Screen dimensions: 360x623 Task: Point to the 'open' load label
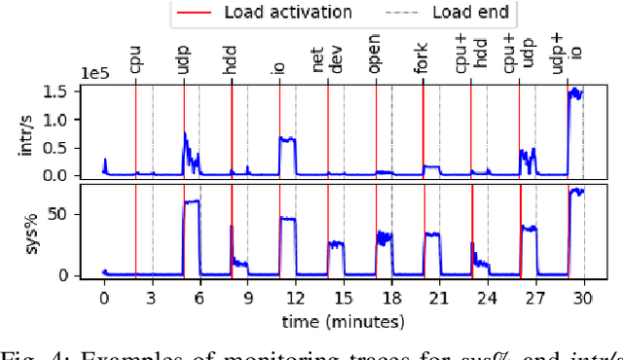point(376,62)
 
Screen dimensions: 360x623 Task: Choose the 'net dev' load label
point(328,61)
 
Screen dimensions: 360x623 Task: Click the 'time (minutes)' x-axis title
point(343,320)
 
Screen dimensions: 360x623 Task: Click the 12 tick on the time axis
point(295,299)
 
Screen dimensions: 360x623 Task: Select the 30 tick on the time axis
point(583,299)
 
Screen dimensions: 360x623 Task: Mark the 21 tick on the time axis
point(439,299)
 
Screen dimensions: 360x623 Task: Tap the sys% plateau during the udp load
point(191,202)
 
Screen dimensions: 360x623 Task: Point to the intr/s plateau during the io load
point(287,139)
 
